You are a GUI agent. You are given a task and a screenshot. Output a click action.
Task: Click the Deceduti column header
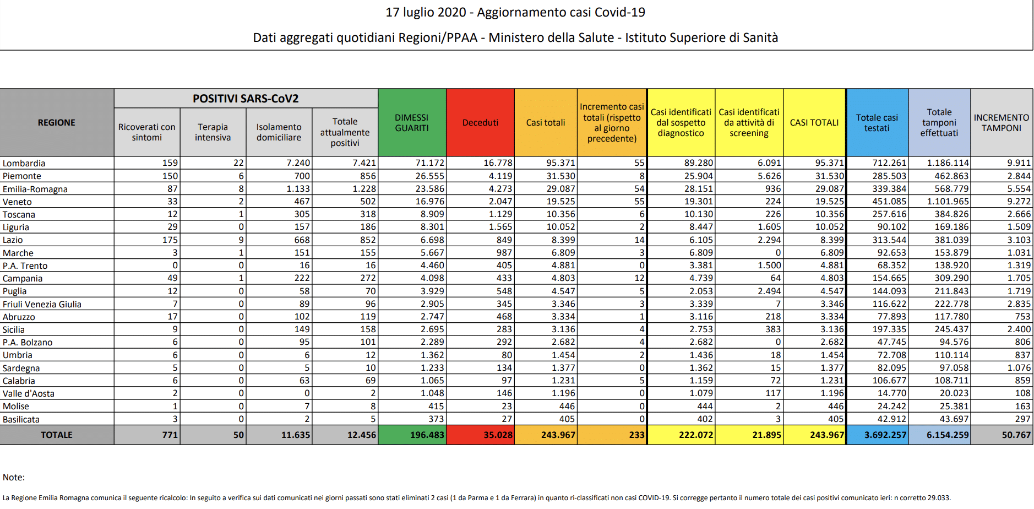[480, 123]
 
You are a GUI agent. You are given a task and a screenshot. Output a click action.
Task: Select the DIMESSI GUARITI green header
[412, 123]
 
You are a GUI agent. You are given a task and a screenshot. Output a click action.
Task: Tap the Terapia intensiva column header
[213, 132]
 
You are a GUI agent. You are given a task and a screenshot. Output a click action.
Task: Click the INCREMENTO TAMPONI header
[1001, 123]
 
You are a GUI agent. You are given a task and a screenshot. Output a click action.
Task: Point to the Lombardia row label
[24, 163]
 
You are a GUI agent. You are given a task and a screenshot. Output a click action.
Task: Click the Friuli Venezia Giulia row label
[42, 304]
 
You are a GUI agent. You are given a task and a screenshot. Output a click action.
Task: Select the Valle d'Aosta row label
[29, 393]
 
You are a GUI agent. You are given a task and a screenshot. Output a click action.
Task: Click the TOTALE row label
[57, 435]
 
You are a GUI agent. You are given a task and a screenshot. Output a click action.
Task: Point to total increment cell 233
[636, 435]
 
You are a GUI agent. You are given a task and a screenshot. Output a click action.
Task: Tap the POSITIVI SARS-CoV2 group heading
[246, 99]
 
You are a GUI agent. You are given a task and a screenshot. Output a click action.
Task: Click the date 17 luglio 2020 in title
[426, 12]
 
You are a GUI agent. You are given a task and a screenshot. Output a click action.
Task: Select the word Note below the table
[13, 477]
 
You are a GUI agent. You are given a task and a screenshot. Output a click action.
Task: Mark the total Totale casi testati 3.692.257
[885, 435]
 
